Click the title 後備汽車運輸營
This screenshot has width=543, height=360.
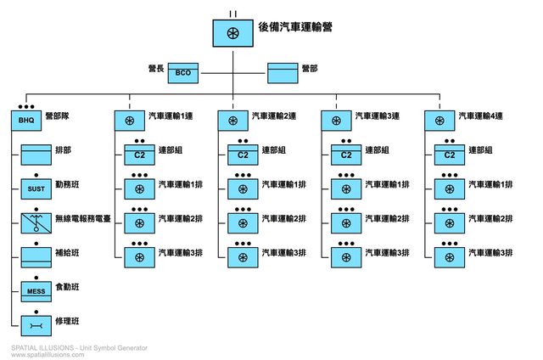click(x=294, y=27)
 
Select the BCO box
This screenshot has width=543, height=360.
click(x=182, y=73)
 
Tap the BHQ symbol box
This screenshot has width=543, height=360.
click(x=25, y=121)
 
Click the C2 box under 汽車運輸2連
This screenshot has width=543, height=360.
click(x=243, y=155)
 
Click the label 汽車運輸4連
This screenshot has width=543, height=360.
click(x=479, y=115)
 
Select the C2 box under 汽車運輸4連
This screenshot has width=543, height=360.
click(x=450, y=155)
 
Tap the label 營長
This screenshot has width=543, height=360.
click(x=156, y=67)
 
